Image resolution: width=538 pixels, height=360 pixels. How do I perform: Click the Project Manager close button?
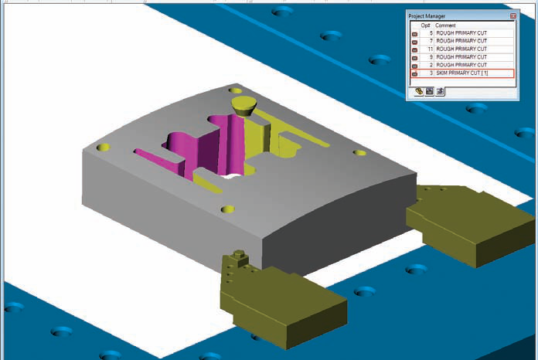[x=513, y=15]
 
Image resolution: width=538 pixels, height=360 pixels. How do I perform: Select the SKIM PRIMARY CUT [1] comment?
[x=461, y=73]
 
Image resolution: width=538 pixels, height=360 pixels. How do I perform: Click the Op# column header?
[x=425, y=25]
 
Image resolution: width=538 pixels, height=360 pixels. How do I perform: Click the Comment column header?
[x=445, y=25]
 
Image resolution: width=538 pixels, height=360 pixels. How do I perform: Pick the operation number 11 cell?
[x=431, y=49]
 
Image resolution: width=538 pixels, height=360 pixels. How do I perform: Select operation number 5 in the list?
[x=431, y=33]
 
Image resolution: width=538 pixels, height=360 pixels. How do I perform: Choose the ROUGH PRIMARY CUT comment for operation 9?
[x=461, y=57]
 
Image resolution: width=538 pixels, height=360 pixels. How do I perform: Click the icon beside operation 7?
[x=414, y=42]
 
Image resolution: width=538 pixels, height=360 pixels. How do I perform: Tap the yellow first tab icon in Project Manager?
[x=419, y=91]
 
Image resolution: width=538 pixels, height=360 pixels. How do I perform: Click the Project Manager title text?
[x=427, y=16]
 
